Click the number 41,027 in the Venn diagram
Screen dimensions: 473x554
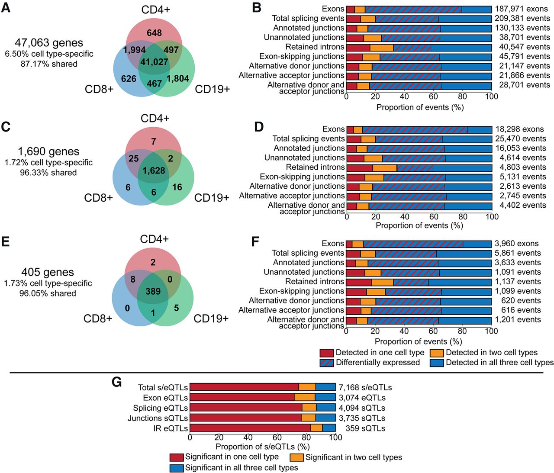154,62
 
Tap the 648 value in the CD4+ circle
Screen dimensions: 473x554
154,33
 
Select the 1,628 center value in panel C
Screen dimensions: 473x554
154,171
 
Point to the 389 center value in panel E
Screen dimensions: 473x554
153,291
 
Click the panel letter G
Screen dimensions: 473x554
116,383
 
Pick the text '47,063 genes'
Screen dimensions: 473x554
49,43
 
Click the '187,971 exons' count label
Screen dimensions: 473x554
522,9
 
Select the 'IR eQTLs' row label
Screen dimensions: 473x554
171,428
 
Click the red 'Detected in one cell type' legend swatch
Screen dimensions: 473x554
327,353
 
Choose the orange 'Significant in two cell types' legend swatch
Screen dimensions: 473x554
296,457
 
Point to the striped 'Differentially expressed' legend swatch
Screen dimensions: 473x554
327,363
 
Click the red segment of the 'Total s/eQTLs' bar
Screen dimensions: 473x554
244,387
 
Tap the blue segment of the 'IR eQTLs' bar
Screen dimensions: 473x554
329,428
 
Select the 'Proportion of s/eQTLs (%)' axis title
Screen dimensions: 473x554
262,447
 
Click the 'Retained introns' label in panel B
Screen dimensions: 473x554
315,47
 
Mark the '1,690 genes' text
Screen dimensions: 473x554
48,151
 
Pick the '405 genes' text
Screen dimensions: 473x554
48,272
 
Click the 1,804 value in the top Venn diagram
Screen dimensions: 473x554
178,78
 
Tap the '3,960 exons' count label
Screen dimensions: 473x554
516,244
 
